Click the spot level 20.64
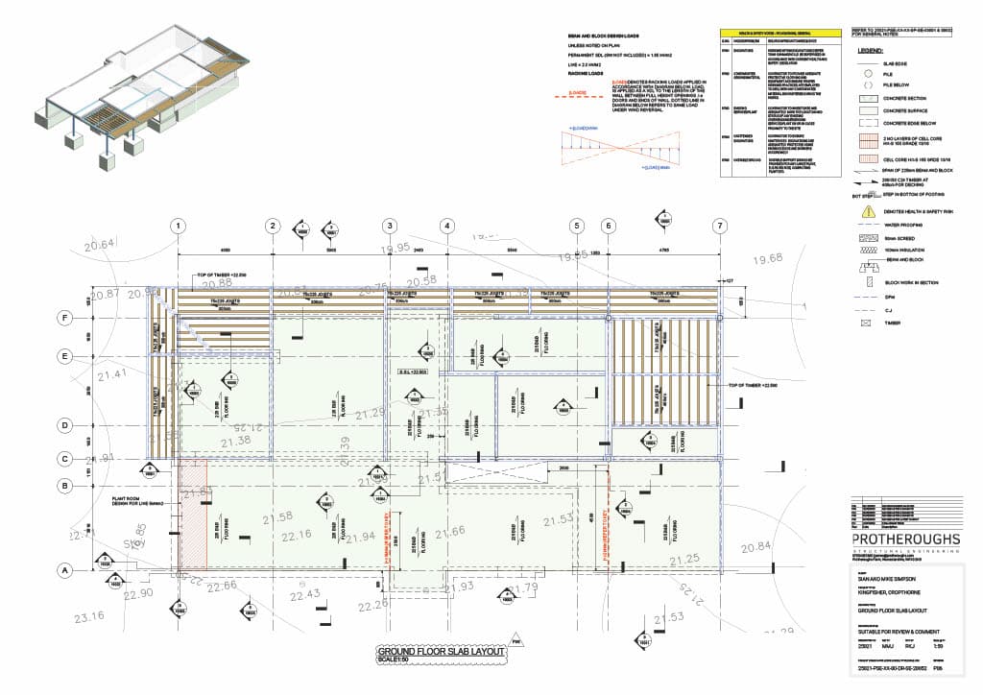(99, 245)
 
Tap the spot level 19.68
(768, 259)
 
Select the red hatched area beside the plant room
(194, 515)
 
